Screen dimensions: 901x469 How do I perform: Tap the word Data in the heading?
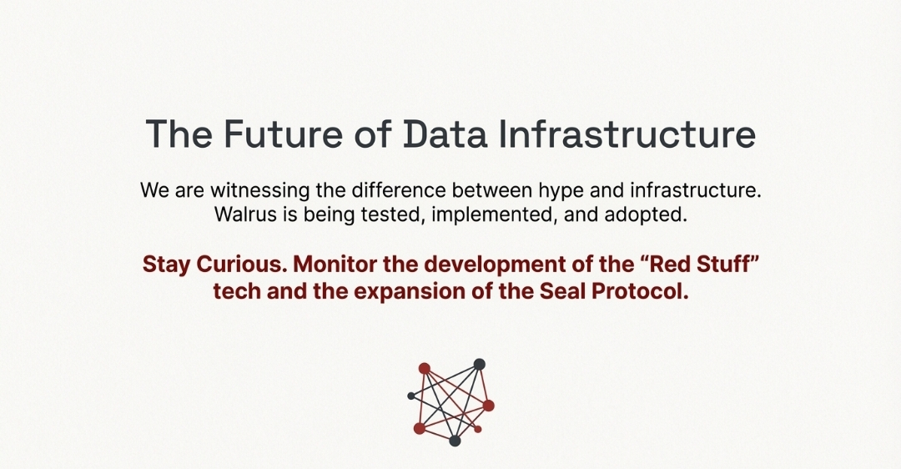[445, 134]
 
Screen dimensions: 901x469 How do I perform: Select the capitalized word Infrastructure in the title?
[627, 134]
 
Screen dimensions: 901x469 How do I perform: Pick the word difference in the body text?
[398, 189]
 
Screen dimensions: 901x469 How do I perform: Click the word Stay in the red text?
[167, 265]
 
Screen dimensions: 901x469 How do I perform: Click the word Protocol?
[640, 290]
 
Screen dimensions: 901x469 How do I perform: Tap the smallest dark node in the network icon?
[410, 396]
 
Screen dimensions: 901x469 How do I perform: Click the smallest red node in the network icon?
[477, 429]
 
